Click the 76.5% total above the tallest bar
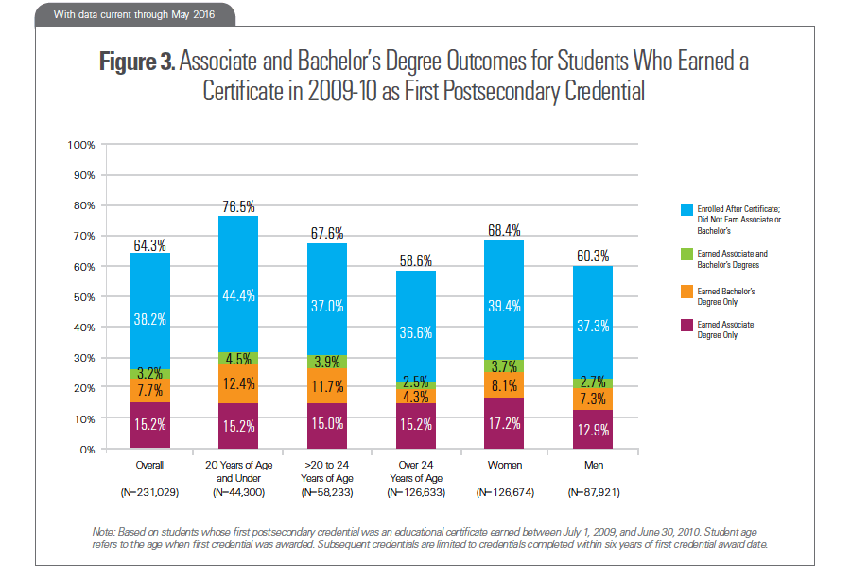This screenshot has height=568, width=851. (238, 206)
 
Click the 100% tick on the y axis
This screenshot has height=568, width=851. (81, 145)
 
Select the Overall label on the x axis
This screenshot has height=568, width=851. (149, 465)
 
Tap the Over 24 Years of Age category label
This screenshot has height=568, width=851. (417, 470)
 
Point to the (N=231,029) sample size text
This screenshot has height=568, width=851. (149, 493)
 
